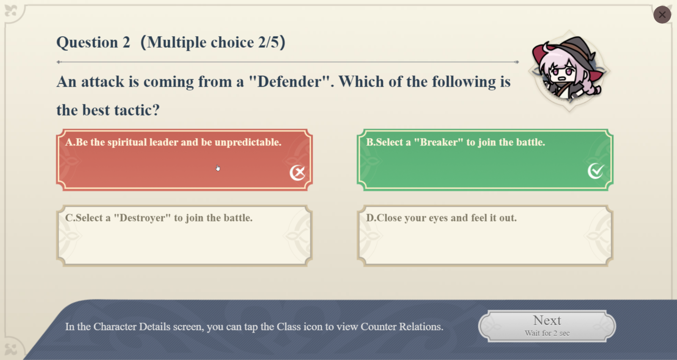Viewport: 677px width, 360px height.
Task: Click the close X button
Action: (662, 15)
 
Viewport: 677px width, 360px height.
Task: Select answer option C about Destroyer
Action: (185, 236)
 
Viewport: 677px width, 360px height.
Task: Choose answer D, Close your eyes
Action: (485, 236)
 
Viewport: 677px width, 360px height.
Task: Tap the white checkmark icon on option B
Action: (596, 171)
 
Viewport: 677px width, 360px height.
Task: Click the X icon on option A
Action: (298, 173)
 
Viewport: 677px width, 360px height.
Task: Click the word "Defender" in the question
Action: (293, 81)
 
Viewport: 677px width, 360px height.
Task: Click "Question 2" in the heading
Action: (93, 42)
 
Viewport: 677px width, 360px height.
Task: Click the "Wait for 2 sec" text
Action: (547, 333)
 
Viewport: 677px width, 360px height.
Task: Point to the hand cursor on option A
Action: (218, 168)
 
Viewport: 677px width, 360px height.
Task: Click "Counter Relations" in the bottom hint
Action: (402, 327)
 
